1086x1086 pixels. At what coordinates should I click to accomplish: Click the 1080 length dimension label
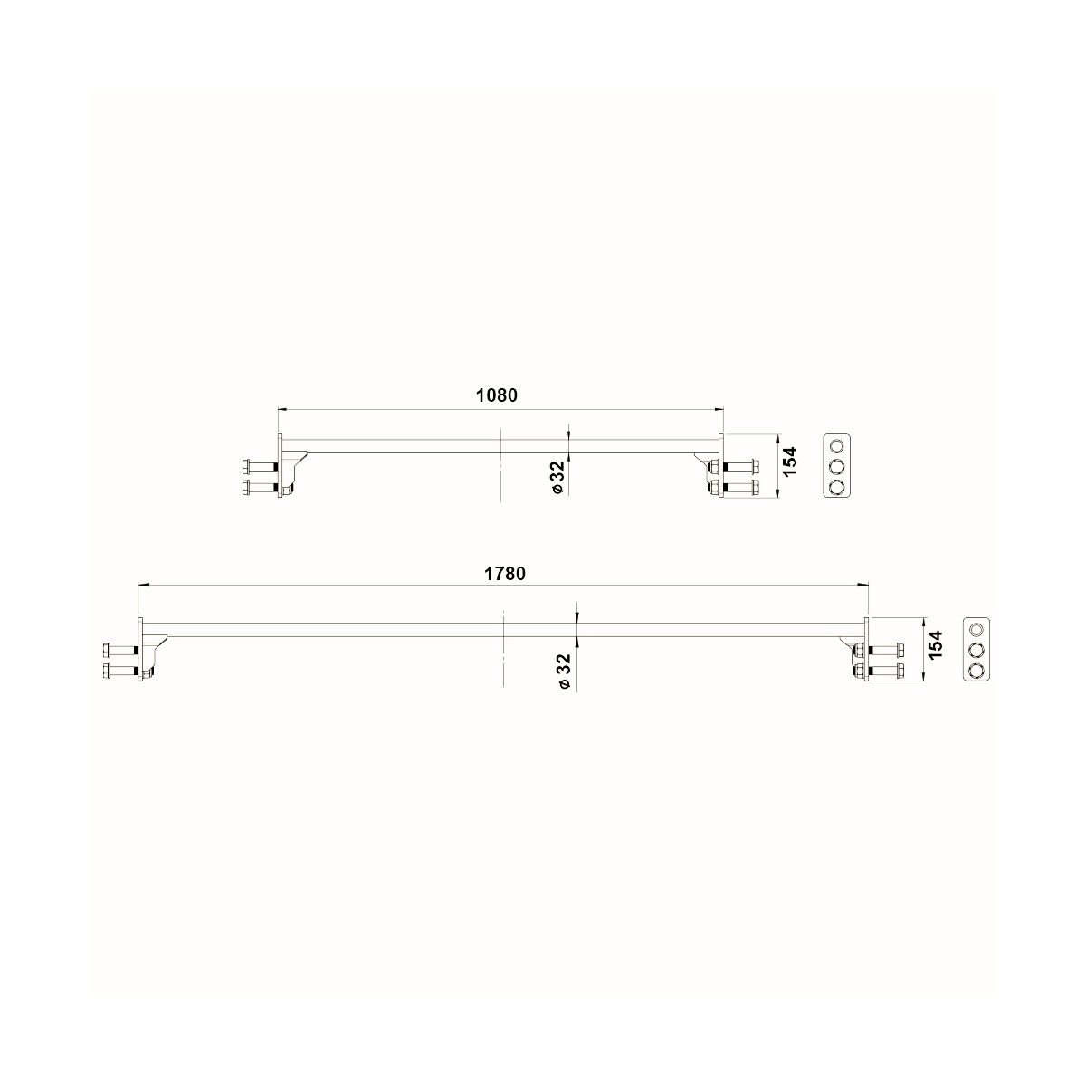(x=497, y=395)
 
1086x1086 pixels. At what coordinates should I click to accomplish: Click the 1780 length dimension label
(x=505, y=574)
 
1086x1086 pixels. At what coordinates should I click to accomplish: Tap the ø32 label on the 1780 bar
(x=564, y=670)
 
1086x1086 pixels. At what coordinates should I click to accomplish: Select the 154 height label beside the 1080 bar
(x=791, y=461)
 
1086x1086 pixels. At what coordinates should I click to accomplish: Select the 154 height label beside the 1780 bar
(x=935, y=645)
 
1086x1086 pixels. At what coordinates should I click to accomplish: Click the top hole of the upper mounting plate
(x=836, y=446)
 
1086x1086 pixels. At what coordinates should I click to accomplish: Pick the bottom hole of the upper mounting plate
(x=836, y=486)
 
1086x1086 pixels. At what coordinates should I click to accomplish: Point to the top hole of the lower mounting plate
(x=976, y=629)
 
